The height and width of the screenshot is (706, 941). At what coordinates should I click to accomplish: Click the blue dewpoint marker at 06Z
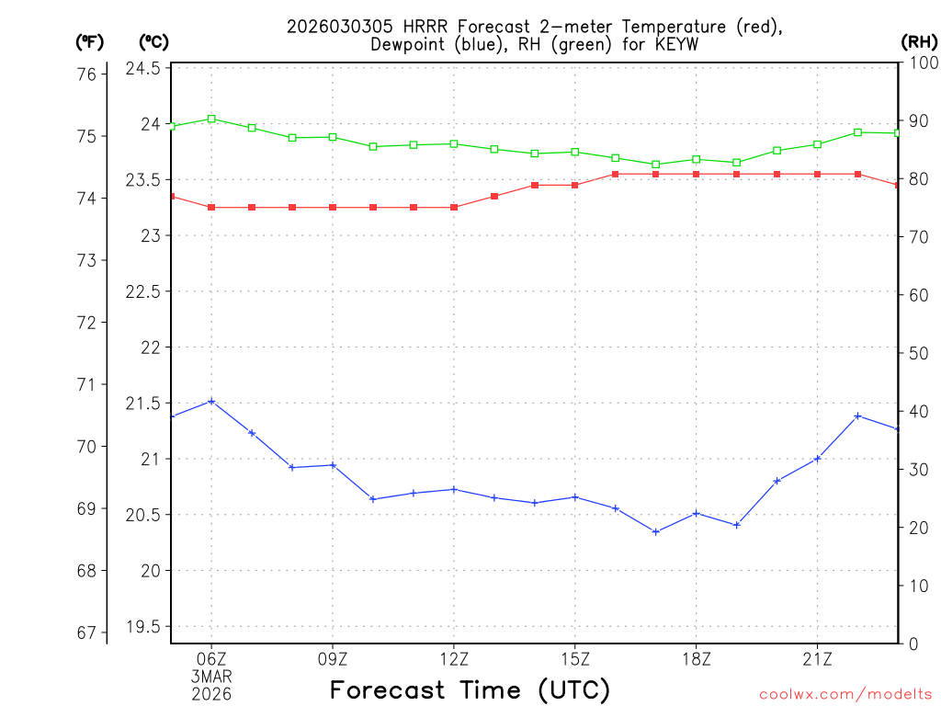[211, 401]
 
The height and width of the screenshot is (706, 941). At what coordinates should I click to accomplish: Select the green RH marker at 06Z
[211, 119]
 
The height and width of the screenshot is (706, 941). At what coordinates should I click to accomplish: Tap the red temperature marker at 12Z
[454, 208]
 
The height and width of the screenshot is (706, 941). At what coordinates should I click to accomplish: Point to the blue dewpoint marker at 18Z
[697, 513]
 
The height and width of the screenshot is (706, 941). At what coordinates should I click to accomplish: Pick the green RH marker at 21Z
[817, 144]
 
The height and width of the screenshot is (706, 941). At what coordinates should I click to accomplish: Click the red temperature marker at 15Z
[575, 186]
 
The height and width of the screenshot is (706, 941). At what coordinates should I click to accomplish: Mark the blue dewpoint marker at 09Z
[333, 465]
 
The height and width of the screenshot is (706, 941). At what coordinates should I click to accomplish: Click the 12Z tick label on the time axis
[454, 658]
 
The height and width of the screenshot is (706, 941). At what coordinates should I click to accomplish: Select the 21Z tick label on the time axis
[817, 658]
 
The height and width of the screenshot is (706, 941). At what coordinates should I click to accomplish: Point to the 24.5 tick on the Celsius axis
[142, 69]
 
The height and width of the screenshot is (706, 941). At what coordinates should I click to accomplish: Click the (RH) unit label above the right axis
[918, 41]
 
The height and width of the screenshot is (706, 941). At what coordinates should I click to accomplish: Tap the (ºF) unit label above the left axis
[90, 41]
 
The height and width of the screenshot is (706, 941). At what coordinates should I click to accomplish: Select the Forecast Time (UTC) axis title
[470, 689]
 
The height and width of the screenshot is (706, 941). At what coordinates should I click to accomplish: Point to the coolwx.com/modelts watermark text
[845, 694]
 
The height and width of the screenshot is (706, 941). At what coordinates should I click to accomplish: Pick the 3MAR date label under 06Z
[211, 677]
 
